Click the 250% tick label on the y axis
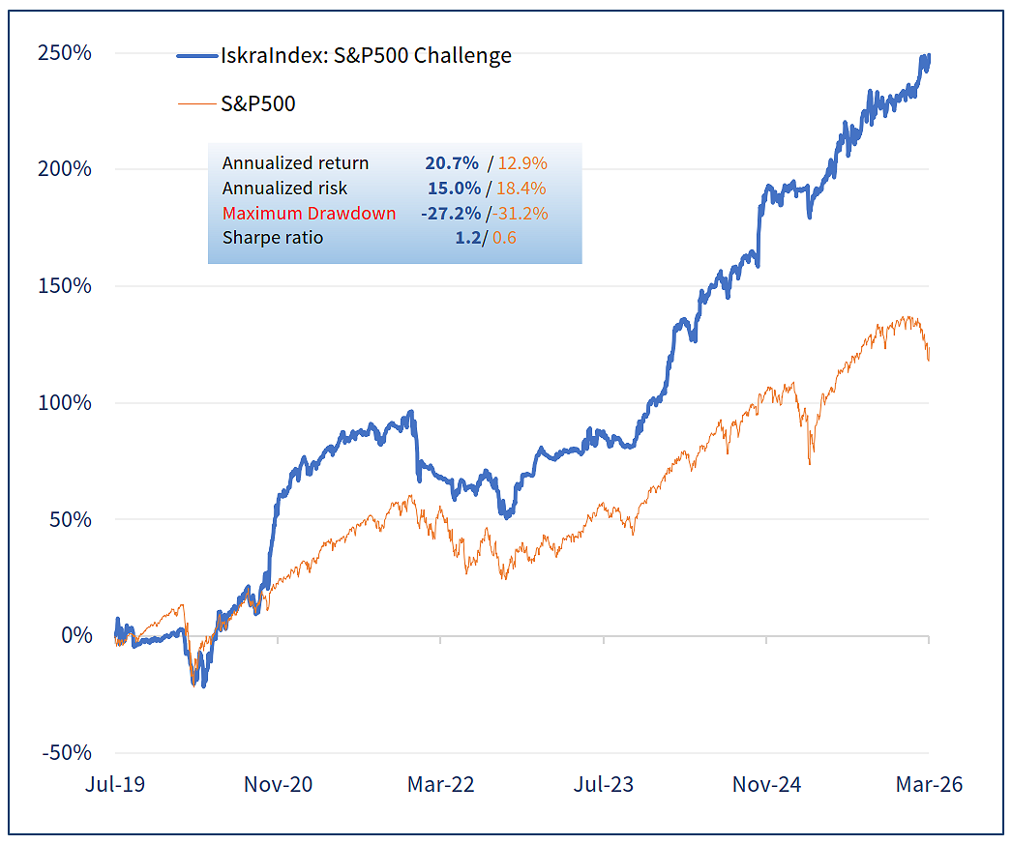pos(64,52)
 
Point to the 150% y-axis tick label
pos(64,286)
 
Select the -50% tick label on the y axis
pos(66,753)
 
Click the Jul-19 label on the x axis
pos(114,784)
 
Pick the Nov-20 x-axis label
pos(278,784)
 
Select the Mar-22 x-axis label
pos(440,784)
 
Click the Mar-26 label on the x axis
pos(929,784)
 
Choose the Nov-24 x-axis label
pos(766,784)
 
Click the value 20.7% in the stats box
pos(453,163)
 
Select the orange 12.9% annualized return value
pos(522,163)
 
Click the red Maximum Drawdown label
pos(309,214)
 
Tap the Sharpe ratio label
pos(273,238)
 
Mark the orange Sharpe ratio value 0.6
pos(504,238)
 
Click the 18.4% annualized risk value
pos(522,189)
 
